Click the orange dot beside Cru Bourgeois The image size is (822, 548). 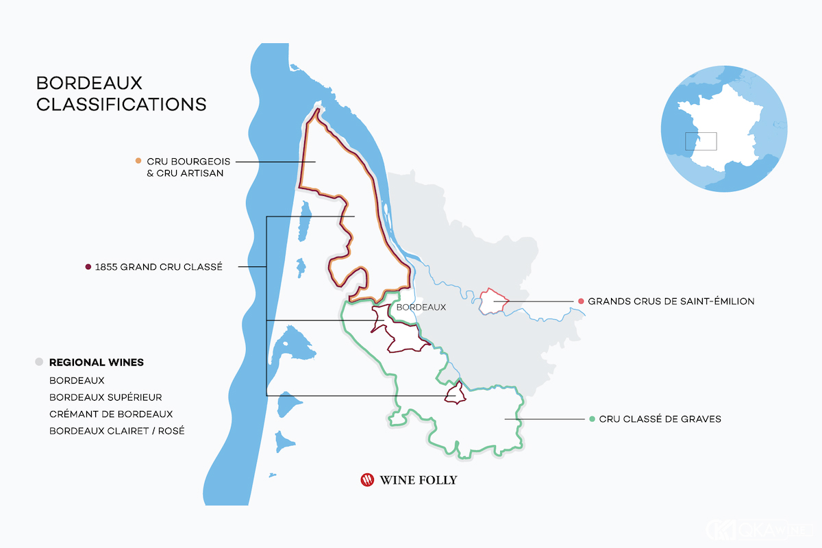(x=138, y=161)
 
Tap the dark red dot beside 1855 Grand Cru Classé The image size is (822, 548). (x=88, y=267)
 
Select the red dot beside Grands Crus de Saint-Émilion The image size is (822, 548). (x=581, y=301)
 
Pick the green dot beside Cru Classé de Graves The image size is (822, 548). (x=591, y=419)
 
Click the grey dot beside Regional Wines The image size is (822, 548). (x=39, y=362)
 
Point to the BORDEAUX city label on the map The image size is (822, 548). (x=421, y=308)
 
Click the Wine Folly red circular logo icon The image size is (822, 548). (x=367, y=480)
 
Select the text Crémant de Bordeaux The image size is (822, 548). (x=111, y=414)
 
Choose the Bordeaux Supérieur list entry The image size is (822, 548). (x=105, y=397)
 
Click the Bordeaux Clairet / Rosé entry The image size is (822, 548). (x=116, y=431)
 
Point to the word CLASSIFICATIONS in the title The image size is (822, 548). (x=121, y=105)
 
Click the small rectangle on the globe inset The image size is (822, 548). (x=701, y=141)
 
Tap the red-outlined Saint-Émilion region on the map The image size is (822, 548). (x=493, y=301)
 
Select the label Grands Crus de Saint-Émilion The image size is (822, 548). (x=671, y=301)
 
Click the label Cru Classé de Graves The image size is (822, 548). (x=660, y=419)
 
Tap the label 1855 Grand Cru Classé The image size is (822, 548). (x=160, y=267)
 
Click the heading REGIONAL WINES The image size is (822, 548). (x=97, y=362)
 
